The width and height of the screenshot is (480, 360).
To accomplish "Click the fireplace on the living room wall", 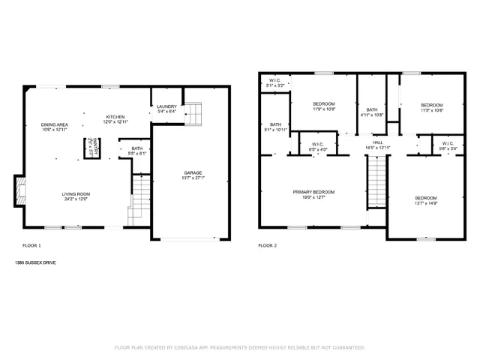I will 20,190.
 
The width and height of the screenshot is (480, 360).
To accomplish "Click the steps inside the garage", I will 193,114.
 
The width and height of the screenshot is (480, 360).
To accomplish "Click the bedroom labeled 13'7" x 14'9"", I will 425,199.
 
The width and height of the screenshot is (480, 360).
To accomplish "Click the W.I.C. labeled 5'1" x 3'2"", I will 274,83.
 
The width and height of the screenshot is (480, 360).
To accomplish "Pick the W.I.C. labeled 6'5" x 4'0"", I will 316,145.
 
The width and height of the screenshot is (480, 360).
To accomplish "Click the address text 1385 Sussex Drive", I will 34,262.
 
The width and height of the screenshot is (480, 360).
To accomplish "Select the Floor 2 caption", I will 268,246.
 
